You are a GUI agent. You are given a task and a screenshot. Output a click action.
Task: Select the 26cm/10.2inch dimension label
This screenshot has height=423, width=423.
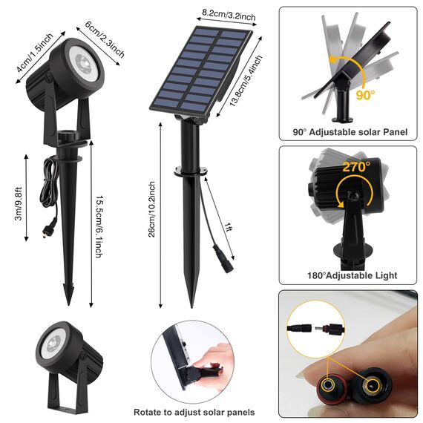pyautogui.click(x=151, y=209)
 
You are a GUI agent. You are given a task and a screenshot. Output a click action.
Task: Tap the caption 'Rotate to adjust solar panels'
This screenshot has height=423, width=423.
pyautogui.click(x=194, y=412)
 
